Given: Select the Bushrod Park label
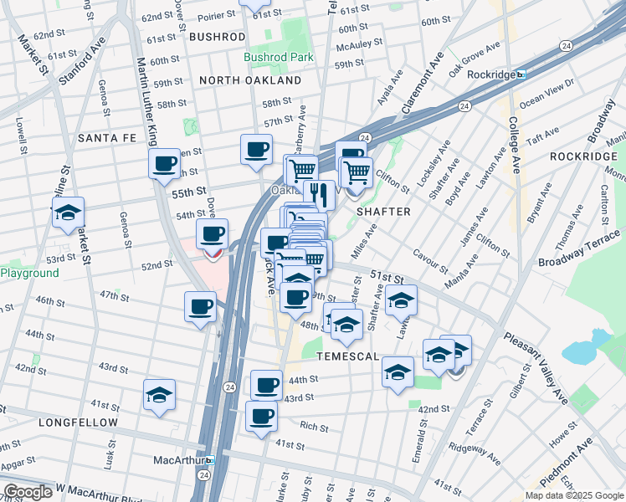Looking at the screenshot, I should coord(278,58).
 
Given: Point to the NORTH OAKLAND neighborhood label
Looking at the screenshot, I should coord(250,80).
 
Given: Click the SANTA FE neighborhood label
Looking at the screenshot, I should coord(106,137).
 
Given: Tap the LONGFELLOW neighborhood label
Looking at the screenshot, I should coord(78,423).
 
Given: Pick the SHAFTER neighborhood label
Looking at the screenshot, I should coord(383,212).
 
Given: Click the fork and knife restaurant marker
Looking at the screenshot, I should coord(319,195).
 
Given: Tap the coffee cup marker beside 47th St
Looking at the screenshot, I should coord(201,307).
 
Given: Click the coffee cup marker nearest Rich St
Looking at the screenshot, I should coord(261,415).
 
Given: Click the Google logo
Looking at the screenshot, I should coord(28,492).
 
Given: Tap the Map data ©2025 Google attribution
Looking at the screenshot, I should coord(574,495).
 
